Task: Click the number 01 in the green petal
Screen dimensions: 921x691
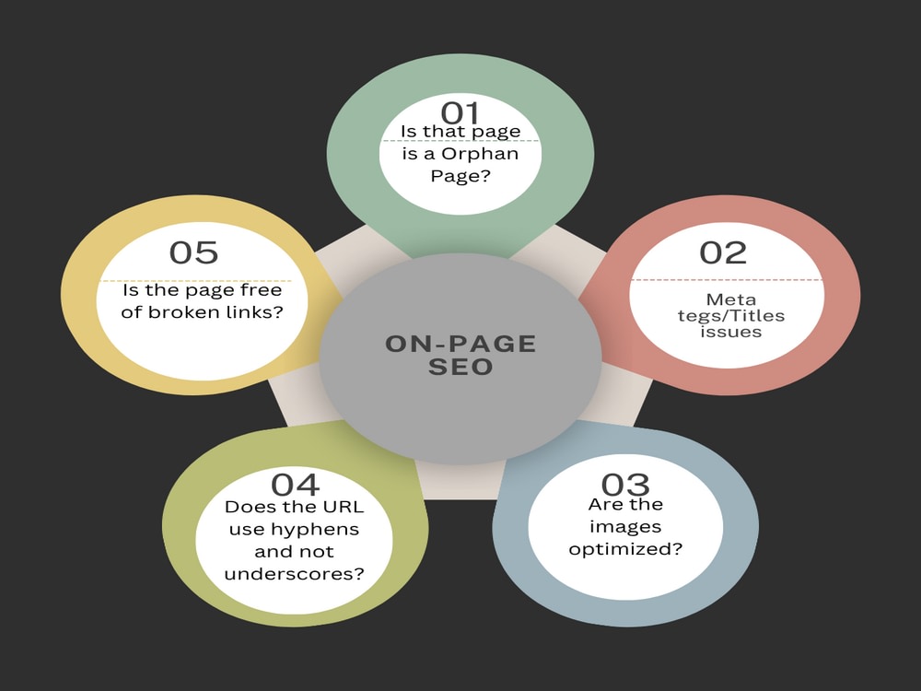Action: [460, 111]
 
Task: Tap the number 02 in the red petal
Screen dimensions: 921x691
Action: [722, 252]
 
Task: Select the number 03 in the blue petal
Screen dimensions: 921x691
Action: [625, 485]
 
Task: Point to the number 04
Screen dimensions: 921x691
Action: [295, 485]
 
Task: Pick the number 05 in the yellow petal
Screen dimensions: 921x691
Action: [193, 252]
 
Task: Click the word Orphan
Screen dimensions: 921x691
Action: [480, 154]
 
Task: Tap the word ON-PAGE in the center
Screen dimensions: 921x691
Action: [460, 344]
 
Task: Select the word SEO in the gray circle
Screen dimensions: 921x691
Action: [460, 367]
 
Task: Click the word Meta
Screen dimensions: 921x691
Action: [730, 299]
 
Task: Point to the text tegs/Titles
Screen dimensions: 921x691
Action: [730, 316]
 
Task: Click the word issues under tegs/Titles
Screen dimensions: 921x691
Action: [730, 332]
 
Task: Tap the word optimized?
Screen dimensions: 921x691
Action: [625, 549]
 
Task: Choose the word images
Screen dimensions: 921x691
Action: [625, 526]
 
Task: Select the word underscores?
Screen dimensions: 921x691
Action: [295, 573]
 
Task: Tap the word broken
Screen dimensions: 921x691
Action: [183, 311]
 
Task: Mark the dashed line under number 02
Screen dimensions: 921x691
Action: [727, 280]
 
